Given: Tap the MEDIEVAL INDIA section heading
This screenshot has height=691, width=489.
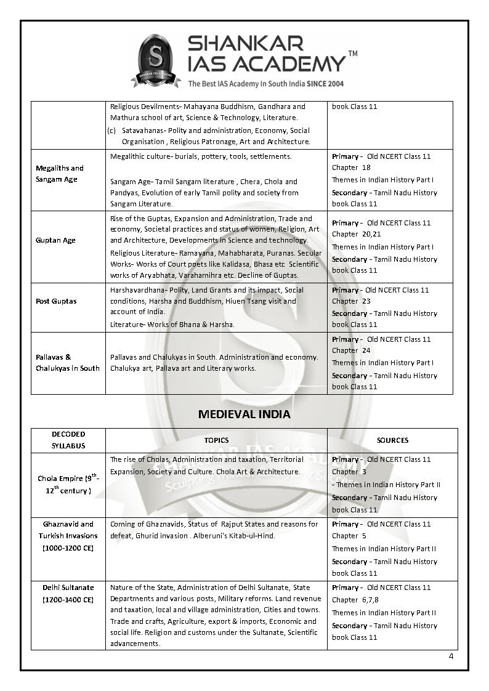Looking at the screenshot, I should coord(244,414).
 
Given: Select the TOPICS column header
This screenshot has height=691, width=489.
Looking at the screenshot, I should coord(216,440).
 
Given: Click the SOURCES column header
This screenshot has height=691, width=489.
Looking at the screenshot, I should coord(392,440).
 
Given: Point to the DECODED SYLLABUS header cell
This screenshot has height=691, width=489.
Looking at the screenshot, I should coord(68,440).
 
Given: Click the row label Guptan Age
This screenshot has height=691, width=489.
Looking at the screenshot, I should coord(55,240).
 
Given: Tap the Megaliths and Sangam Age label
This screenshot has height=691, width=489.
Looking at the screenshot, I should coord(60,174).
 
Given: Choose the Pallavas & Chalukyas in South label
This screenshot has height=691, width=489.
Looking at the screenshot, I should coord(68,363).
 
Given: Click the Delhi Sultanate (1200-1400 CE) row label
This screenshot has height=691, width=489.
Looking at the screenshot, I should coord(68,594).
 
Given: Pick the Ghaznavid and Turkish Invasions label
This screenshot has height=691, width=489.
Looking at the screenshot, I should coord(68,536).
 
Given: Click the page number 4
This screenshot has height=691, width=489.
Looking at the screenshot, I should coord(451,655).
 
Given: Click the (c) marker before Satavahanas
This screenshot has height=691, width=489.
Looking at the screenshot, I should coord(111,131).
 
